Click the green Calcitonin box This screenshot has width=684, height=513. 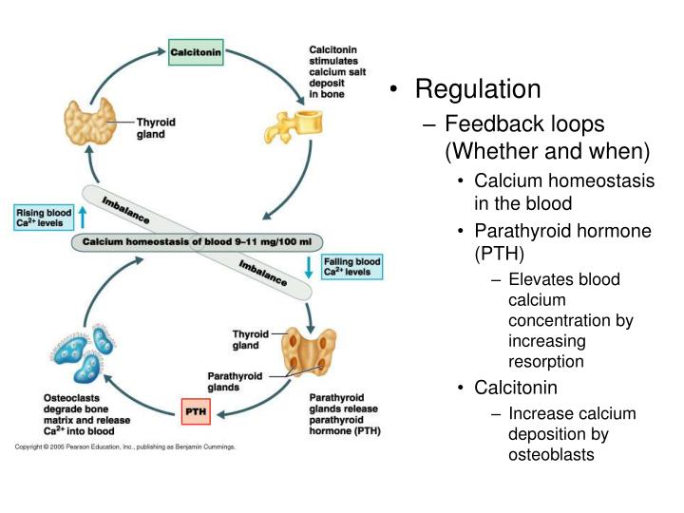197,52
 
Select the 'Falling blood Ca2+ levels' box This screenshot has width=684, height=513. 351,267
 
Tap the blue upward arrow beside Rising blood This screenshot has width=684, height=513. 82,218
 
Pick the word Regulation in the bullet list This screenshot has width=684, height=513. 478,90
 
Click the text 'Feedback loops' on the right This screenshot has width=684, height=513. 524,124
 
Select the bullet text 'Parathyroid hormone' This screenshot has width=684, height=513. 563,231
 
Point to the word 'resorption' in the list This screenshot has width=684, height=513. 545,362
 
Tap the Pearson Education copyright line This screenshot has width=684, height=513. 123,446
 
